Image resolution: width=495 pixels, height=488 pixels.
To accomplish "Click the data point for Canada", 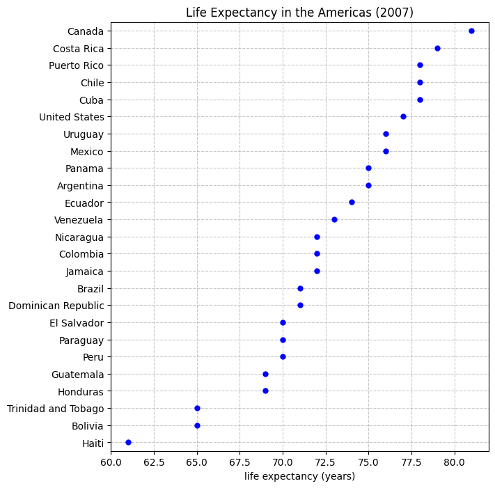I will [x=471, y=31].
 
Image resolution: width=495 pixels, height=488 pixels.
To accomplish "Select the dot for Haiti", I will [x=128, y=442].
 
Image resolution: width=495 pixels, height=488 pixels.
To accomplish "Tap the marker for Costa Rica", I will [x=437, y=48].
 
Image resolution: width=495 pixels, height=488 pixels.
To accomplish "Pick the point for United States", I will [x=403, y=116].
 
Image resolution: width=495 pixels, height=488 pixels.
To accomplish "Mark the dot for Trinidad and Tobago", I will [x=197, y=408].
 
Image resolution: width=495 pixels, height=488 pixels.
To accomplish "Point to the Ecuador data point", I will [x=352, y=202].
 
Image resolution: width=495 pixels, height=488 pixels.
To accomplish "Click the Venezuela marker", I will [x=334, y=219].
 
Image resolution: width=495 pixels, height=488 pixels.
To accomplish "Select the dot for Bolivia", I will [x=197, y=425].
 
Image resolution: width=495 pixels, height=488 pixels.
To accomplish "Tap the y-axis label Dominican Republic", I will [x=56, y=306].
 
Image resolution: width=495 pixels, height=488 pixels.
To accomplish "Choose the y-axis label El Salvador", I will [x=77, y=323].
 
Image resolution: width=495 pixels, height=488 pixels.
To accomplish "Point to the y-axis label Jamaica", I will [x=85, y=271].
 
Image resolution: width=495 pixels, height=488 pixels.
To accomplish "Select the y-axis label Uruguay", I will [x=84, y=134].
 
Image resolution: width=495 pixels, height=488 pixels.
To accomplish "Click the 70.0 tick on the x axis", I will [x=283, y=462].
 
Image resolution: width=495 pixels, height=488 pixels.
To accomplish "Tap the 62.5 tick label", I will [x=154, y=462].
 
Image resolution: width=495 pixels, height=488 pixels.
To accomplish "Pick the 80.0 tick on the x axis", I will [x=455, y=462].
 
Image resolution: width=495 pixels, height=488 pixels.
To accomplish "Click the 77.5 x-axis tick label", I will [x=411, y=462].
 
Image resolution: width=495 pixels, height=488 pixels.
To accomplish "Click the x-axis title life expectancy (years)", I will [x=299, y=476].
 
